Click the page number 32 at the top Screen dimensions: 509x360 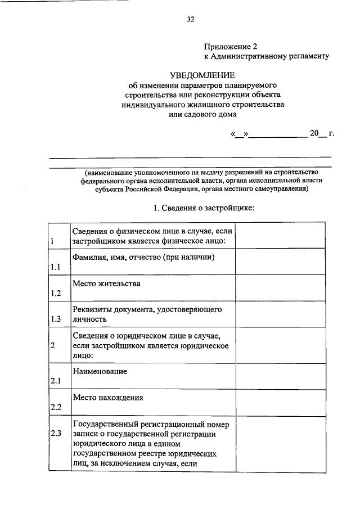pyautogui.click(x=190, y=19)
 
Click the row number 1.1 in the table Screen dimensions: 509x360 pyautogui.click(x=55, y=267)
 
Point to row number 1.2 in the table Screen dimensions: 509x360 pyautogui.click(x=55, y=293)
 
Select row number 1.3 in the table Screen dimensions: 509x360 pyautogui.click(x=55, y=319)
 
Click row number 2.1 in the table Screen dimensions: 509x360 pyautogui.click(x=55, y=381)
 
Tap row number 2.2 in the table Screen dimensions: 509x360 pyautogui.click(x=55, y=407)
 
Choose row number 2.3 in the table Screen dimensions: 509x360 pyautogui.click(x=55, y=433)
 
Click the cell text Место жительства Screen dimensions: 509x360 pyautogui.click(x=106, y=283)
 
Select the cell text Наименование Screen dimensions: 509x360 pyautogui.click(x=100, y=371)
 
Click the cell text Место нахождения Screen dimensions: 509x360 pyautogui.click(x=108, y=397)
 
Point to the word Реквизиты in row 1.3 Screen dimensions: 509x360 pyautogui.click(x=93, y=309)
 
